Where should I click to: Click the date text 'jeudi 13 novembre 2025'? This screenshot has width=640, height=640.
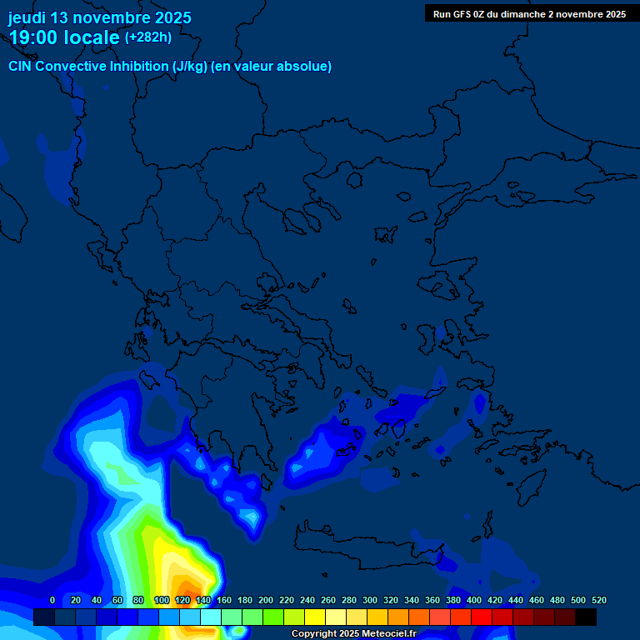pos(99,17)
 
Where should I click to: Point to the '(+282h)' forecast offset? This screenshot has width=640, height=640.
pos(148,37)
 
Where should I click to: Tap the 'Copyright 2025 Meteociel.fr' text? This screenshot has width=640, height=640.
pos(354,634)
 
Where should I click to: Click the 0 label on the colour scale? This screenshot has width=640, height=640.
pos(52,600)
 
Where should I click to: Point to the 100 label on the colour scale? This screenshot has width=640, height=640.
pos(161,600)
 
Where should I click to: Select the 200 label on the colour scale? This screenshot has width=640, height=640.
pos(265,600)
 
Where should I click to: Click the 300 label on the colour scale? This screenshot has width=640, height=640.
pos(369,600)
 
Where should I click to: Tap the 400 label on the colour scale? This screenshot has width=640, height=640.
pos(473,600)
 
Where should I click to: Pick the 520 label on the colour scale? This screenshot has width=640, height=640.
pos(598,600)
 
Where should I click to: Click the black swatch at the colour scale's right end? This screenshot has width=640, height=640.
pos(586,617)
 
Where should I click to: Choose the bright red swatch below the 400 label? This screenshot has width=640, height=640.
pos(482,617)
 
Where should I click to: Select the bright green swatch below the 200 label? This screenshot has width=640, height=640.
pos(273,617)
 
